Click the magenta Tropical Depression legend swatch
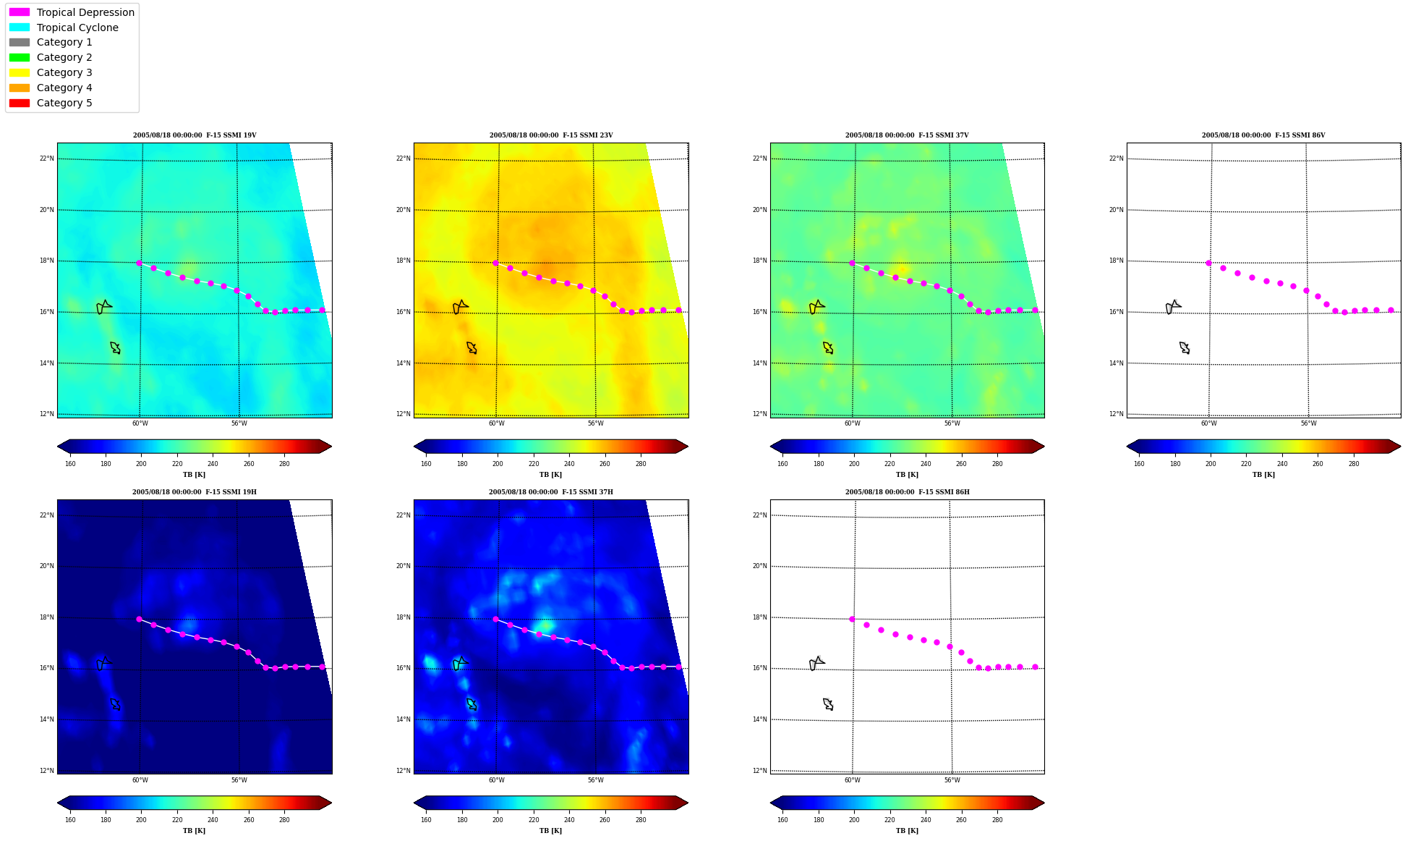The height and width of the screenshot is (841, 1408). [20, 12]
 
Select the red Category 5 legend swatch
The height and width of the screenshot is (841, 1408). [20, 103]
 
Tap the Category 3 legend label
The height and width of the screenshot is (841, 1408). [64, 72]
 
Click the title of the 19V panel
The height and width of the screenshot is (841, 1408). [195, 135]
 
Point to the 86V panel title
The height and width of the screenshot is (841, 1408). [1263, 135]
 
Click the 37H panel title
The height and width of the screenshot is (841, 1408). [551, 492]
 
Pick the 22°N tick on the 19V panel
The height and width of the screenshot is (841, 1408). [47, 159]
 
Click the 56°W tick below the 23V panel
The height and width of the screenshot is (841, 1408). [596, 423]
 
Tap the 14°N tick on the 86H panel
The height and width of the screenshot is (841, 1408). [760, 719]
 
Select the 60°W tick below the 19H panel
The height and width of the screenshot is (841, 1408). [140, 780]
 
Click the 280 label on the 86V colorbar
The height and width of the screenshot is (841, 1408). [1354, 464]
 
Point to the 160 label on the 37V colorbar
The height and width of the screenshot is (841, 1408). [782, 464]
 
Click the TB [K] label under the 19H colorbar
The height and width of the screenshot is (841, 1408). [194, 831]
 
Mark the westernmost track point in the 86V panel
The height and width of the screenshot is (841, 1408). [1208, 263]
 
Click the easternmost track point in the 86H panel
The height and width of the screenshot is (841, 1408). [1035, 667]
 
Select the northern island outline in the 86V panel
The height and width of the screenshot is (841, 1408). [1173, 307]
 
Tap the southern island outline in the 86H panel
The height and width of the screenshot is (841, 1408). [828, 704]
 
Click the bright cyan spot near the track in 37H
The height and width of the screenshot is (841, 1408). [545, 624]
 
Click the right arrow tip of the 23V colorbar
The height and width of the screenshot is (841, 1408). [688, 447]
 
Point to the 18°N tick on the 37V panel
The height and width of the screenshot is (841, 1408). [760, 261]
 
